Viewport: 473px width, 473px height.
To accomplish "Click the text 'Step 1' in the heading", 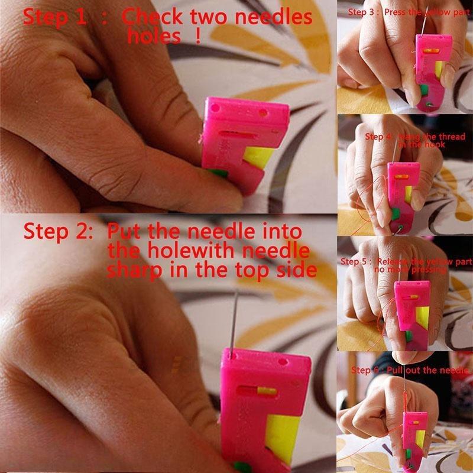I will click(54, 17).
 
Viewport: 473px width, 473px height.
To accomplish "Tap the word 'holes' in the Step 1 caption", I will click(154, 37).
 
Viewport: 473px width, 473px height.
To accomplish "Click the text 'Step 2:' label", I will click(58, 231).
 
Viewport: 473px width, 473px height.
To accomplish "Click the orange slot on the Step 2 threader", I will click(265, 390).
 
